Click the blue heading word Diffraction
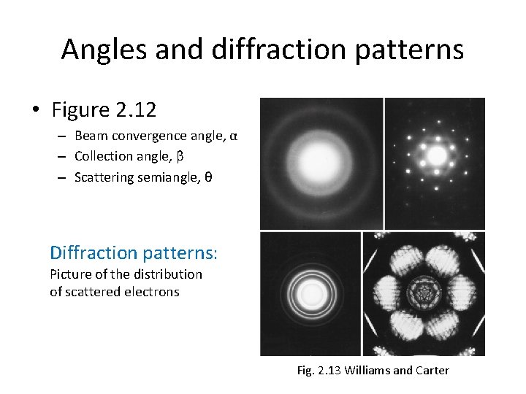tap(94, 253)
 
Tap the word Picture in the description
tap(71, 274)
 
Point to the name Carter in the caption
tap(432, 371)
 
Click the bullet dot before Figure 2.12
tap(35, 111)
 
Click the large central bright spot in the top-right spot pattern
tap(436, 155)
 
